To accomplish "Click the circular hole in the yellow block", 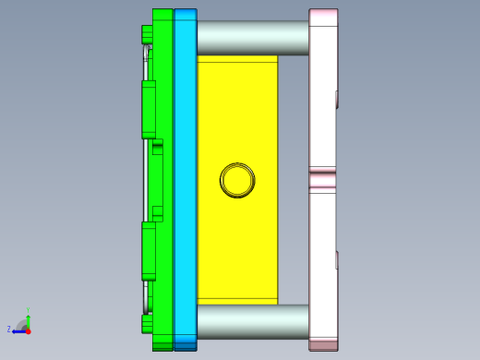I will click(x=237, y=180).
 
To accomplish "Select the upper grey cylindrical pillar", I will click(x=252, y=38).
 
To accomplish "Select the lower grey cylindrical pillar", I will click(x=252, y=321).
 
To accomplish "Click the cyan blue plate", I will click(x=185, y=180).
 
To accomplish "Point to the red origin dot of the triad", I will click(x=28, y=330).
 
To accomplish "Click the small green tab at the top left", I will click(x=146, y=35).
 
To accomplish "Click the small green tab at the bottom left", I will click(x=146, y=324).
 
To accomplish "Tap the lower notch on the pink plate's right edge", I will click(x=337, y=260).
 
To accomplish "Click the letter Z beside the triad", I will click(x=9, y=329).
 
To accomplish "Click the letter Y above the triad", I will click(x=28, y=309).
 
